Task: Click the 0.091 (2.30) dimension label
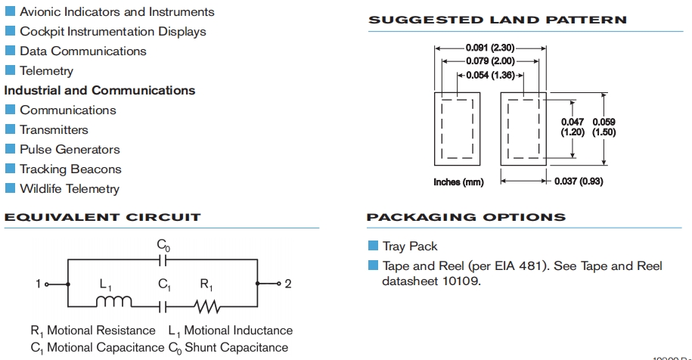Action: (x=490, y=48)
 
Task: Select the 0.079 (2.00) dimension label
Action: (x=490, y=61)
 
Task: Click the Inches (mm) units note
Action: (x=458, y=182)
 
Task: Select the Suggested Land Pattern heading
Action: (x=497, y=20)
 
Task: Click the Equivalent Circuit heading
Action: (x=103, y=217)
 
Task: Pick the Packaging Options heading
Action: (x=466, y=217)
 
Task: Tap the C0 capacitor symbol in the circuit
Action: (x=163, y=259)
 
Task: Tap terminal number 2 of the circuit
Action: (x=288, y=284)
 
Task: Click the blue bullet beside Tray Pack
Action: (x=373, y=246)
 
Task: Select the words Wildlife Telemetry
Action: (x=70, y=189)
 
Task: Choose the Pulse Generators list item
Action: (x=70, y=150)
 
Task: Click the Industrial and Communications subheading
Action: (x=100, y=91)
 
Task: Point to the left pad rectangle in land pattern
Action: (x=458, y=129)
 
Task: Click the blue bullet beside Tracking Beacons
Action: (x=11, y=169)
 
